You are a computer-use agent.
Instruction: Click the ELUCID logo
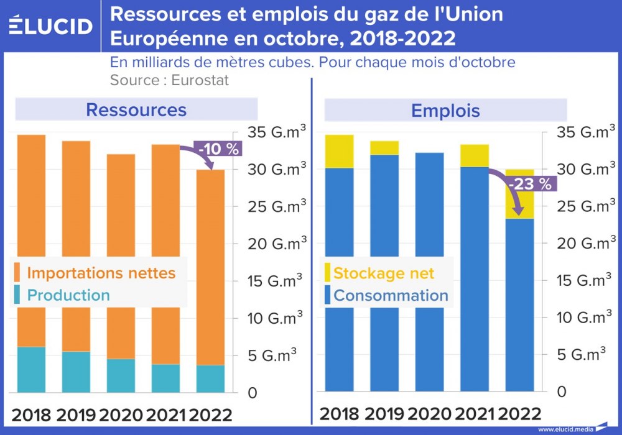click(50, 25)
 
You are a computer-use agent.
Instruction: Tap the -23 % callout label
click(529, 184)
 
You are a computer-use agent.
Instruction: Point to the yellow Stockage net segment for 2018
click(339, 151)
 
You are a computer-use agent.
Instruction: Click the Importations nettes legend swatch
click(17, 273)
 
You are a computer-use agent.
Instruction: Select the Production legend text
click(68, 295)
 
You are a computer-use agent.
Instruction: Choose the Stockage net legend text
click(384, 273)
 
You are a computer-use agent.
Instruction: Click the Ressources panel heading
click(136, 110)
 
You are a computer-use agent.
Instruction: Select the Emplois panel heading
click(445, 111)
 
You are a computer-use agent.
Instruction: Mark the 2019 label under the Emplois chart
click(386, 413)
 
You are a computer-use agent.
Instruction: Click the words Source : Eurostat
click(169, 80)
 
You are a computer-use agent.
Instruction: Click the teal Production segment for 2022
click(210, 378)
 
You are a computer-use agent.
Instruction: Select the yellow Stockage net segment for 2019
click(384, 148)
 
